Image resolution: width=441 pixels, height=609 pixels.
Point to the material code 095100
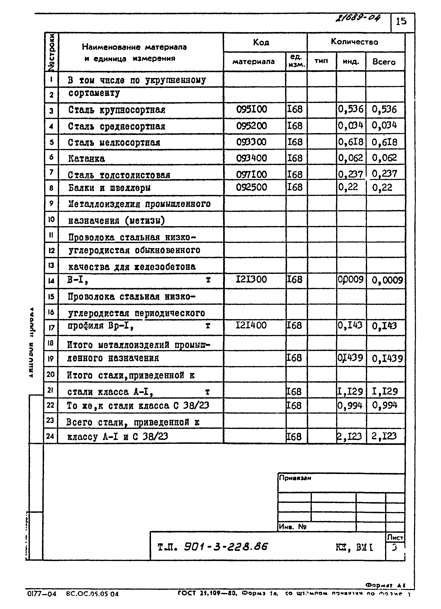252,109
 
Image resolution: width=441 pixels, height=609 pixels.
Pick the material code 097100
252,175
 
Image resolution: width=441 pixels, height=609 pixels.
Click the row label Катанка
86,159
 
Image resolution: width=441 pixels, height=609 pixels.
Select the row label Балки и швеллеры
109,188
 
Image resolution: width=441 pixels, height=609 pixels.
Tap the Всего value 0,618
384,142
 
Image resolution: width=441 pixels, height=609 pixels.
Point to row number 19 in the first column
51,358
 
